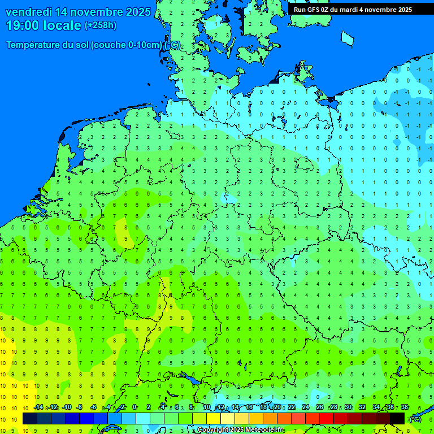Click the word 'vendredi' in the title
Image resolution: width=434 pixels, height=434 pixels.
click(x=29, y=12)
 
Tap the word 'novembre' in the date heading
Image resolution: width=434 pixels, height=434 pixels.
click(x=98, y=12)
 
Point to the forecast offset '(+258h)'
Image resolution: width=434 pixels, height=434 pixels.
click(x=101, y=25)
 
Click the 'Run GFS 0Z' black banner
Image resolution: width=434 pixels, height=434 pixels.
click(x=353, y=10)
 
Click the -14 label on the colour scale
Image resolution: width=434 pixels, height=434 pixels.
click(x=38, y=407)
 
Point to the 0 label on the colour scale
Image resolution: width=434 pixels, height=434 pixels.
click(x=134, y=407)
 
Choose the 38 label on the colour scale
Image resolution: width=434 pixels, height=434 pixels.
click(x=404, y=407)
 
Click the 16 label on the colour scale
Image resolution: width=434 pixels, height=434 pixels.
click(x=249, y=407)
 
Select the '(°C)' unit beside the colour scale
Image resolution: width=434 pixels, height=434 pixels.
click(x=415, y=419)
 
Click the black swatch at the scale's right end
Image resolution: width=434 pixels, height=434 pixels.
click(x=397, y=418)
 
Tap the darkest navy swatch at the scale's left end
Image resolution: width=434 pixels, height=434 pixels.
click(x=30, y=418)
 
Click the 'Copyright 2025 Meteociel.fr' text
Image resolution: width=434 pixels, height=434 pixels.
click(x=240, y=430)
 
